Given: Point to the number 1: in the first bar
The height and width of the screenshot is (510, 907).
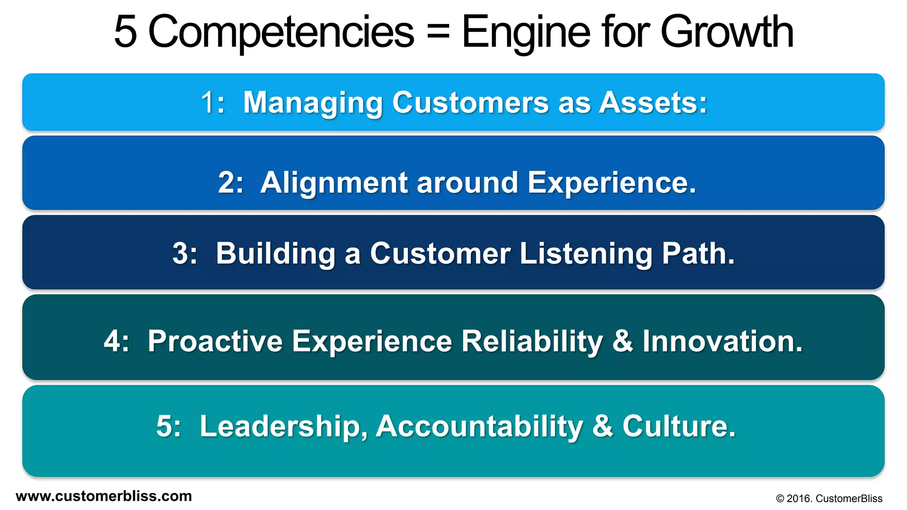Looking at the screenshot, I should pyautogui.click(x=213, y=103).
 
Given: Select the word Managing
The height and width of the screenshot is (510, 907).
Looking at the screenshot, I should pyautogui.click(x=313, y=103).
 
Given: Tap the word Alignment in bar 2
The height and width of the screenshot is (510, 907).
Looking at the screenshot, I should pyautogui.click(x=333, y=182).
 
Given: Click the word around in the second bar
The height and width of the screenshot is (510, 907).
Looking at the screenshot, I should pyautogui.click(x=467, y=182).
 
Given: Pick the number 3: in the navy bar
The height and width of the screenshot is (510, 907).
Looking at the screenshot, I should pyautogui.click(x=184, y=254).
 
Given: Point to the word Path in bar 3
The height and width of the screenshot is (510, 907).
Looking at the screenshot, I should pyautogui.click(x=698, y=254).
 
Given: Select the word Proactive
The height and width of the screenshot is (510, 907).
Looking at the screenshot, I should pyautogui.click(x=215, y=341).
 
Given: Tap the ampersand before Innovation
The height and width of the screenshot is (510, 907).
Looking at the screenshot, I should pyautogui.click(x=623, y=341).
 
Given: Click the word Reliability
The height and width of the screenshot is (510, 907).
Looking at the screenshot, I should pyautogui.click(x=532, y=341).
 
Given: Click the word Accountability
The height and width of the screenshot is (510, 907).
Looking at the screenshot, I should pyautogui.click(x=479, y=426).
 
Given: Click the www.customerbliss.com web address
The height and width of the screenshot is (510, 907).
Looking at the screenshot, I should pyautogui.click(x=104, y=496).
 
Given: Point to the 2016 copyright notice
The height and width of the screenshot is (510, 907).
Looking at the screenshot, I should pyautogui.click(x=829, y=498).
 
